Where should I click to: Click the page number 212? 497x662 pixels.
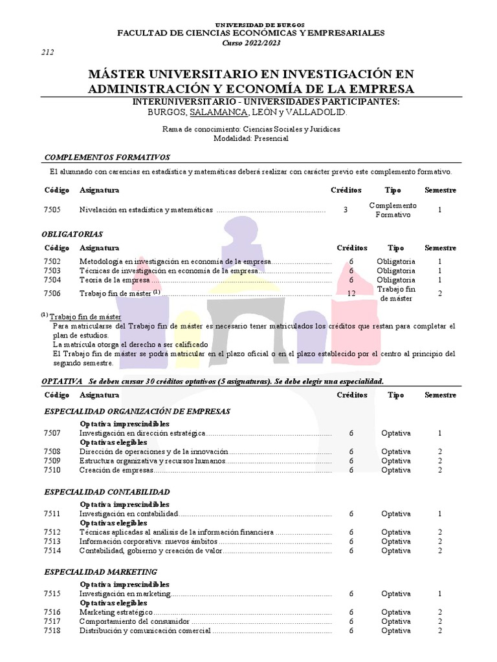pyautogui.click(x=47, y=52)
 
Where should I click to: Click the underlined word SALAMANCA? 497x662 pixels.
pyautogui.click(x=218, y=112)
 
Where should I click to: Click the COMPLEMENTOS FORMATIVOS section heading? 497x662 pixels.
pyautogui.click(x=106, y=157)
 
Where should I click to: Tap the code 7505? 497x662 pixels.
pyautogui.click(x=52, y=209)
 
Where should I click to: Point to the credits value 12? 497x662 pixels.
pyautogui.click(x=351, y=293)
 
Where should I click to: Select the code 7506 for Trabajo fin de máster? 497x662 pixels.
pyautogui.click(x=52, y=293)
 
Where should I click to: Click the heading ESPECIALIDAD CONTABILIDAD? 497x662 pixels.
pyautogui.click(x=106, y=492)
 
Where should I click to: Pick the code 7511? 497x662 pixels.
pyautogui.click(x=52, y=513)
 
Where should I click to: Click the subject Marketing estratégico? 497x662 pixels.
pyautogui.click(x=116, y=612)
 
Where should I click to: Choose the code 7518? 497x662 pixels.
pyautogui.click(x=52, y=630)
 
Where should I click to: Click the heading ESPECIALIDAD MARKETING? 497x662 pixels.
pyautogui.click(x=100, y=571)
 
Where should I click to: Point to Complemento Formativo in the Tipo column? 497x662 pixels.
pyautogui.click(x=393, y=209)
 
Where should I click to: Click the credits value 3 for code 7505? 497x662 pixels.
pyautogui.click(x=346, y=209)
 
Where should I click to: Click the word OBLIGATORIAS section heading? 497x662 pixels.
pyautogui.click(x=72, y=234)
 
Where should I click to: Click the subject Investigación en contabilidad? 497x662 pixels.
pyautogui.click(x=128, y=513)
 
